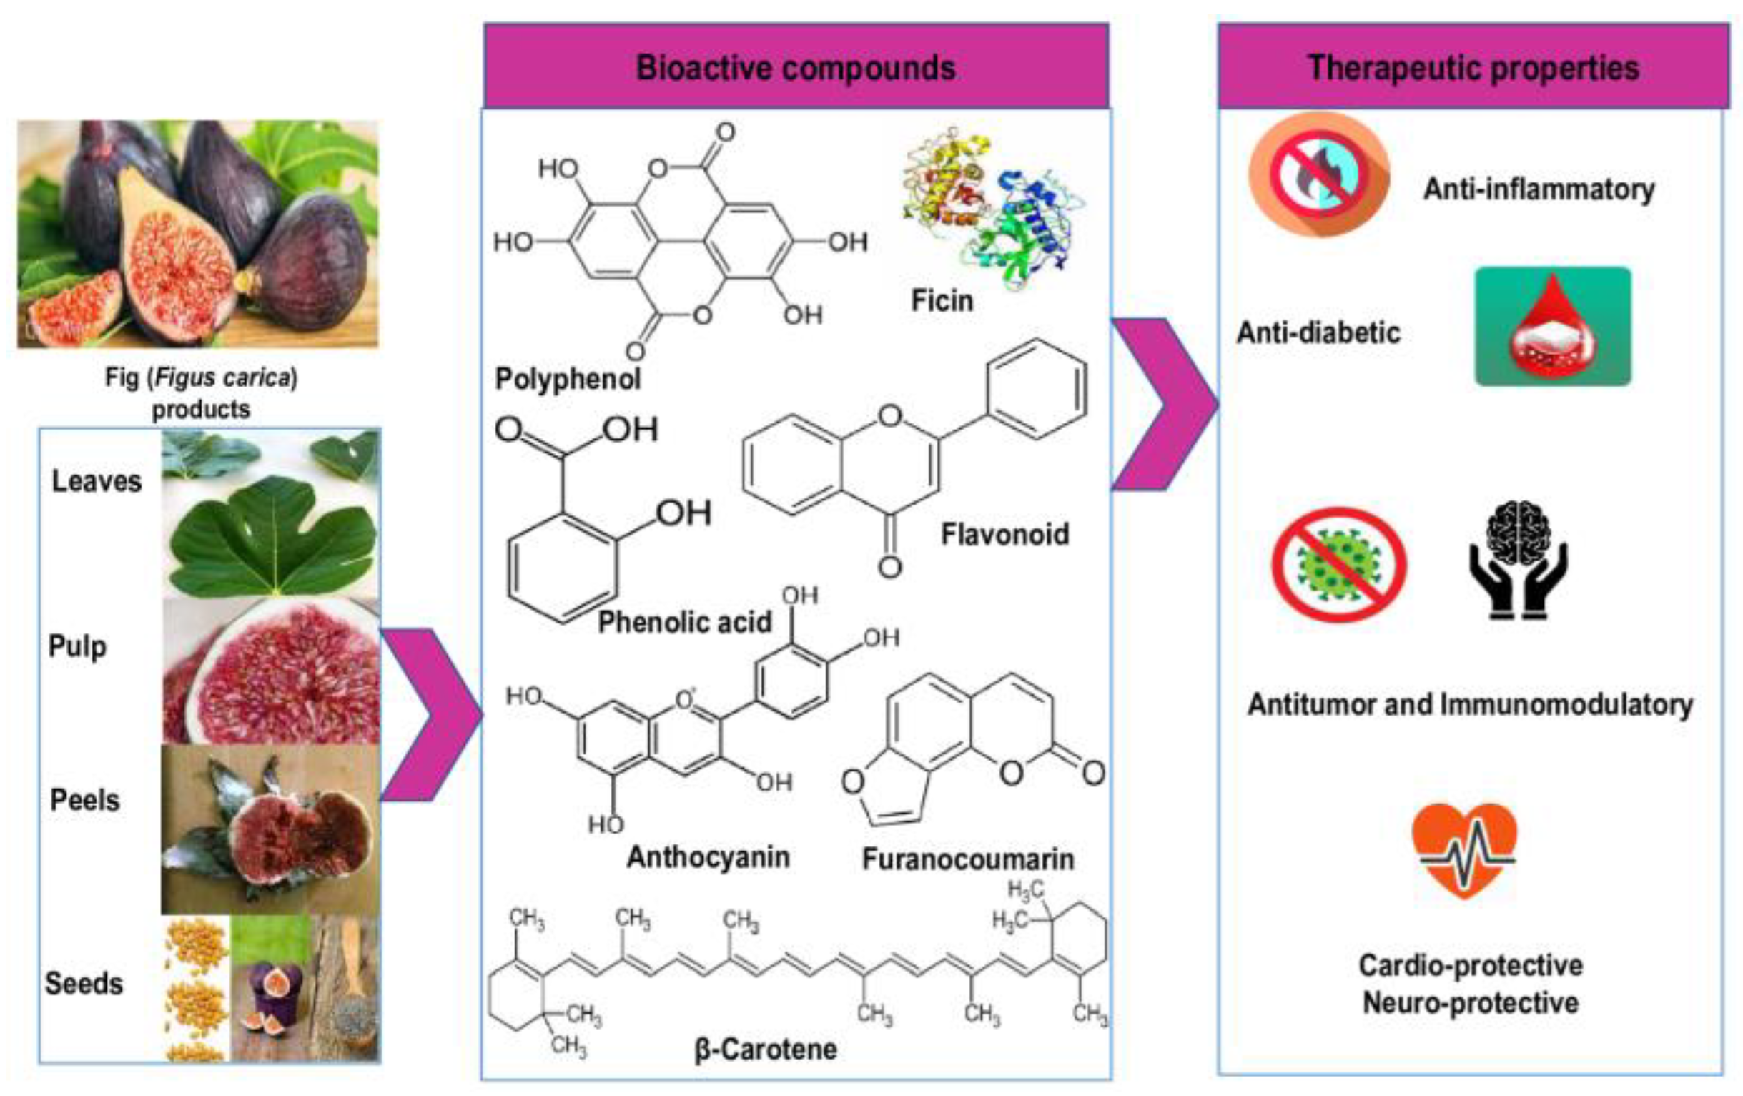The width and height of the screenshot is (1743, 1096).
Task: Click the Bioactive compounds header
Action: pos(796,67)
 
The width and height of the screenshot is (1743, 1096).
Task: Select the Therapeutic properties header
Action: pos(1473,67)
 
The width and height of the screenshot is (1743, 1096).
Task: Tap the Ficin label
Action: pos(942,300)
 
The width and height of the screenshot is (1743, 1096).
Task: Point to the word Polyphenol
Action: pos(568,379)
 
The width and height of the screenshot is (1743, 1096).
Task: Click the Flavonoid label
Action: pos(1004,534)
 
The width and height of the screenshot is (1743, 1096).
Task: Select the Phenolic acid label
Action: pos(685,622)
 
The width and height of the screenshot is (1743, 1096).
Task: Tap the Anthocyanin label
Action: pos(708,856)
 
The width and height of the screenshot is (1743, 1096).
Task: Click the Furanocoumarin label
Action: pos(968,859)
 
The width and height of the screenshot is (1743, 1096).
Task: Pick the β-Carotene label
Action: pos(766,1049)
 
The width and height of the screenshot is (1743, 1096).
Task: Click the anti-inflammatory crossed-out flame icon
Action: pos(1319,174)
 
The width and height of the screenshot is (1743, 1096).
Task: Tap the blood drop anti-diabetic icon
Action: pos(1553,327)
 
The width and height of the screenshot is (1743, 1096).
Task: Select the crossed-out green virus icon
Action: pos(1338,564)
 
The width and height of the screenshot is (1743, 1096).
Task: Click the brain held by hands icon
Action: pos(1518,560)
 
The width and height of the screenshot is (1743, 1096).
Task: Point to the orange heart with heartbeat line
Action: pos(1463,849)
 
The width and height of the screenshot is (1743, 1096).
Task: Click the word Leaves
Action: pos(97,480)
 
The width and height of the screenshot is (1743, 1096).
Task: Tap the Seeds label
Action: pos(84,983)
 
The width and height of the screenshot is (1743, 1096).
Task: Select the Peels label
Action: pos(84,800)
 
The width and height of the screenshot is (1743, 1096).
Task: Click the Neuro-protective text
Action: pos(1470,1002)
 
